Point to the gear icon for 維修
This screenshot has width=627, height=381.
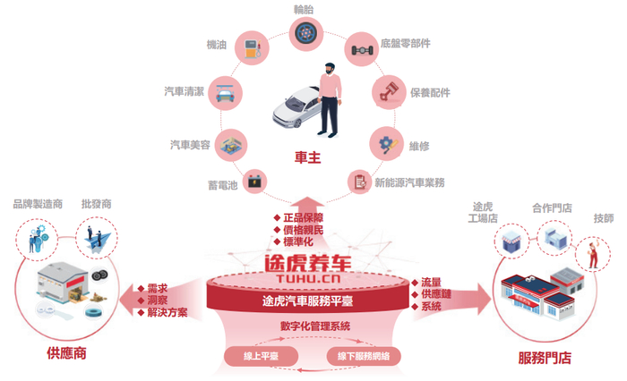[385, 142]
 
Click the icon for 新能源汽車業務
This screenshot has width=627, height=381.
[359, 182]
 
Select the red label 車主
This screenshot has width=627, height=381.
[307, 157]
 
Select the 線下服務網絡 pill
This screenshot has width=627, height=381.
[361, 356]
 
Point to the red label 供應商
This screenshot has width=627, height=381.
[67, 352]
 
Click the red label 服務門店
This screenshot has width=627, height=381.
[545, 358]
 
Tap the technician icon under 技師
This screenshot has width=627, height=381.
[592, 253]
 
